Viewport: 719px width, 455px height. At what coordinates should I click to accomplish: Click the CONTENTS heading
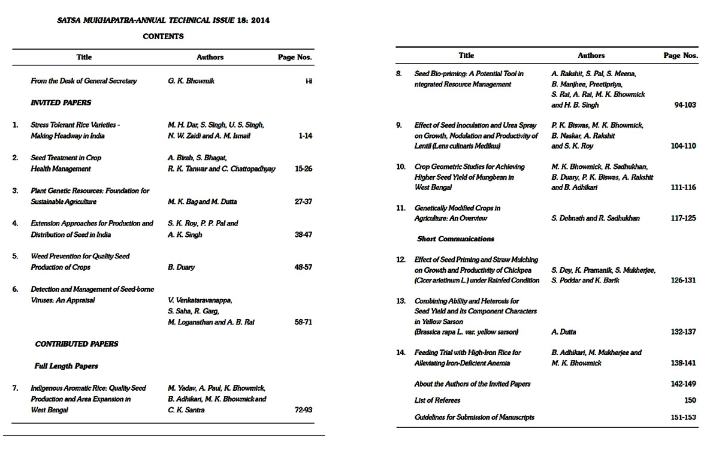[x=163, y=36]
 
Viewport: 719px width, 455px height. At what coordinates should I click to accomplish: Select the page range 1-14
[x=305, y=136]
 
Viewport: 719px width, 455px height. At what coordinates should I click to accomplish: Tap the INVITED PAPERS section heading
[x=61, y=103]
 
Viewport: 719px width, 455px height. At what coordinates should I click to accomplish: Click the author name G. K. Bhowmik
[x=191, y=81]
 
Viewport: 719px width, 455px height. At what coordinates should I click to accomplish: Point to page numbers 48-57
[x=303, y=267]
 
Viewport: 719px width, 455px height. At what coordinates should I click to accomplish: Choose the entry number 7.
[x=15, y=388]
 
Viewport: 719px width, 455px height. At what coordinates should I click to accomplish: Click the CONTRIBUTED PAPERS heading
[x=77, y=344]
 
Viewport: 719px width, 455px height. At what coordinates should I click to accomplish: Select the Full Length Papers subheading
[x=67, y=366]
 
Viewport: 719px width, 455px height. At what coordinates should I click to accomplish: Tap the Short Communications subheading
[x=455, y=239]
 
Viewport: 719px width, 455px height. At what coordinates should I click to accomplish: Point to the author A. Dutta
[x=564, y=332]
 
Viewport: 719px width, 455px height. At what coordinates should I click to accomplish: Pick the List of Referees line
[x=437, y=400]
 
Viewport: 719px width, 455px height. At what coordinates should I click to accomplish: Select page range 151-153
[x=684, y=417]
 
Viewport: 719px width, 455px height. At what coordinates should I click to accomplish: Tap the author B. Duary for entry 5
[x=181, y=267]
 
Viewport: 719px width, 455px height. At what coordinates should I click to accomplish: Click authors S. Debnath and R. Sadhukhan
[x=595, y=218]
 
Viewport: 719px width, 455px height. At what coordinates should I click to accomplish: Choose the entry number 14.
[x=401, y=352]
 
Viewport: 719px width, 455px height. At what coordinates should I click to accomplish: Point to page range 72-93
[x=303, y=410]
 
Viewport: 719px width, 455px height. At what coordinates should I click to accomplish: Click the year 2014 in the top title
[x=261, y=20]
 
